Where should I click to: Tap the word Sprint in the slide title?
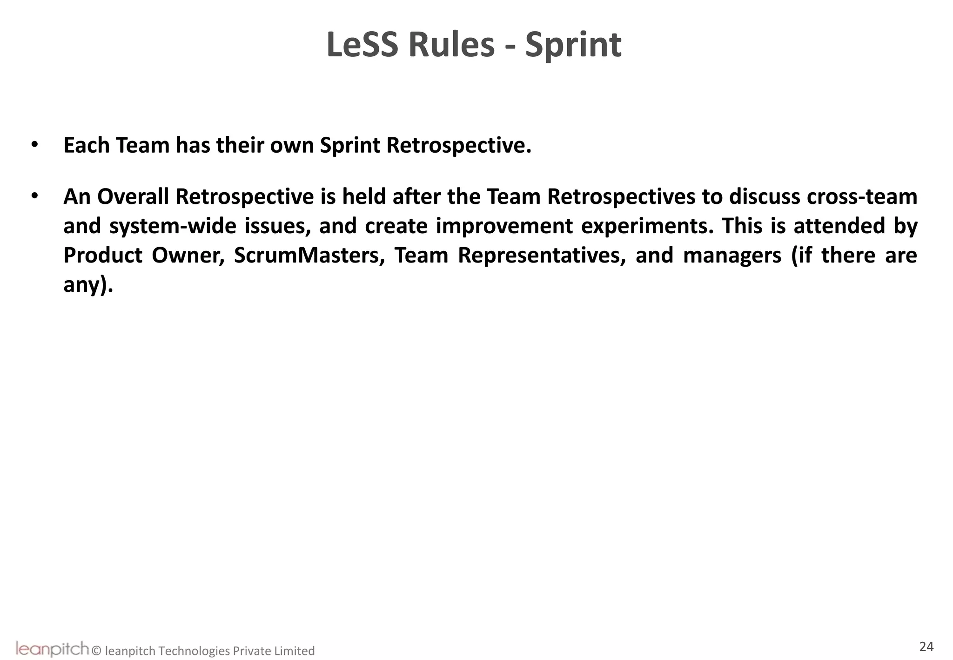click(573, 46)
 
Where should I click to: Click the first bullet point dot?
click(34, 145)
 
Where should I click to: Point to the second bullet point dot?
click(34, 196)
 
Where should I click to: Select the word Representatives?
click(542, 256)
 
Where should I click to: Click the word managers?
click(732, 256)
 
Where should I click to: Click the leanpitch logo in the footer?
click(52, 648)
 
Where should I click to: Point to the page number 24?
click(926, 647)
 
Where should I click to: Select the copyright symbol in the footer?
click(97, 651)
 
